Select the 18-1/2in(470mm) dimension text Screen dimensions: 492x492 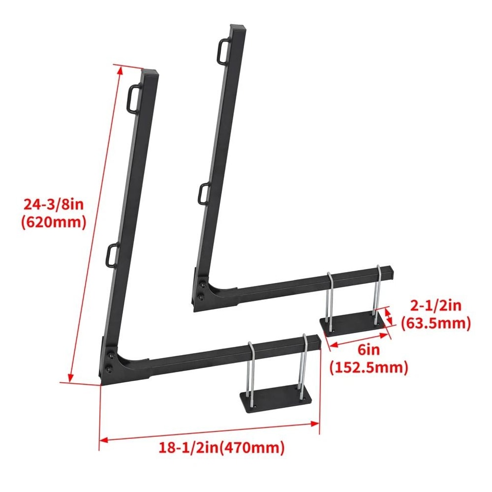point(221,448)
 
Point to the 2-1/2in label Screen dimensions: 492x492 point(435,306)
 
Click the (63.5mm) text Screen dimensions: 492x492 point(435,323)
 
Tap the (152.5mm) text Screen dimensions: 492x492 point(369,368)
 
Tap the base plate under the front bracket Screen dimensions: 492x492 point(276,396)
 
